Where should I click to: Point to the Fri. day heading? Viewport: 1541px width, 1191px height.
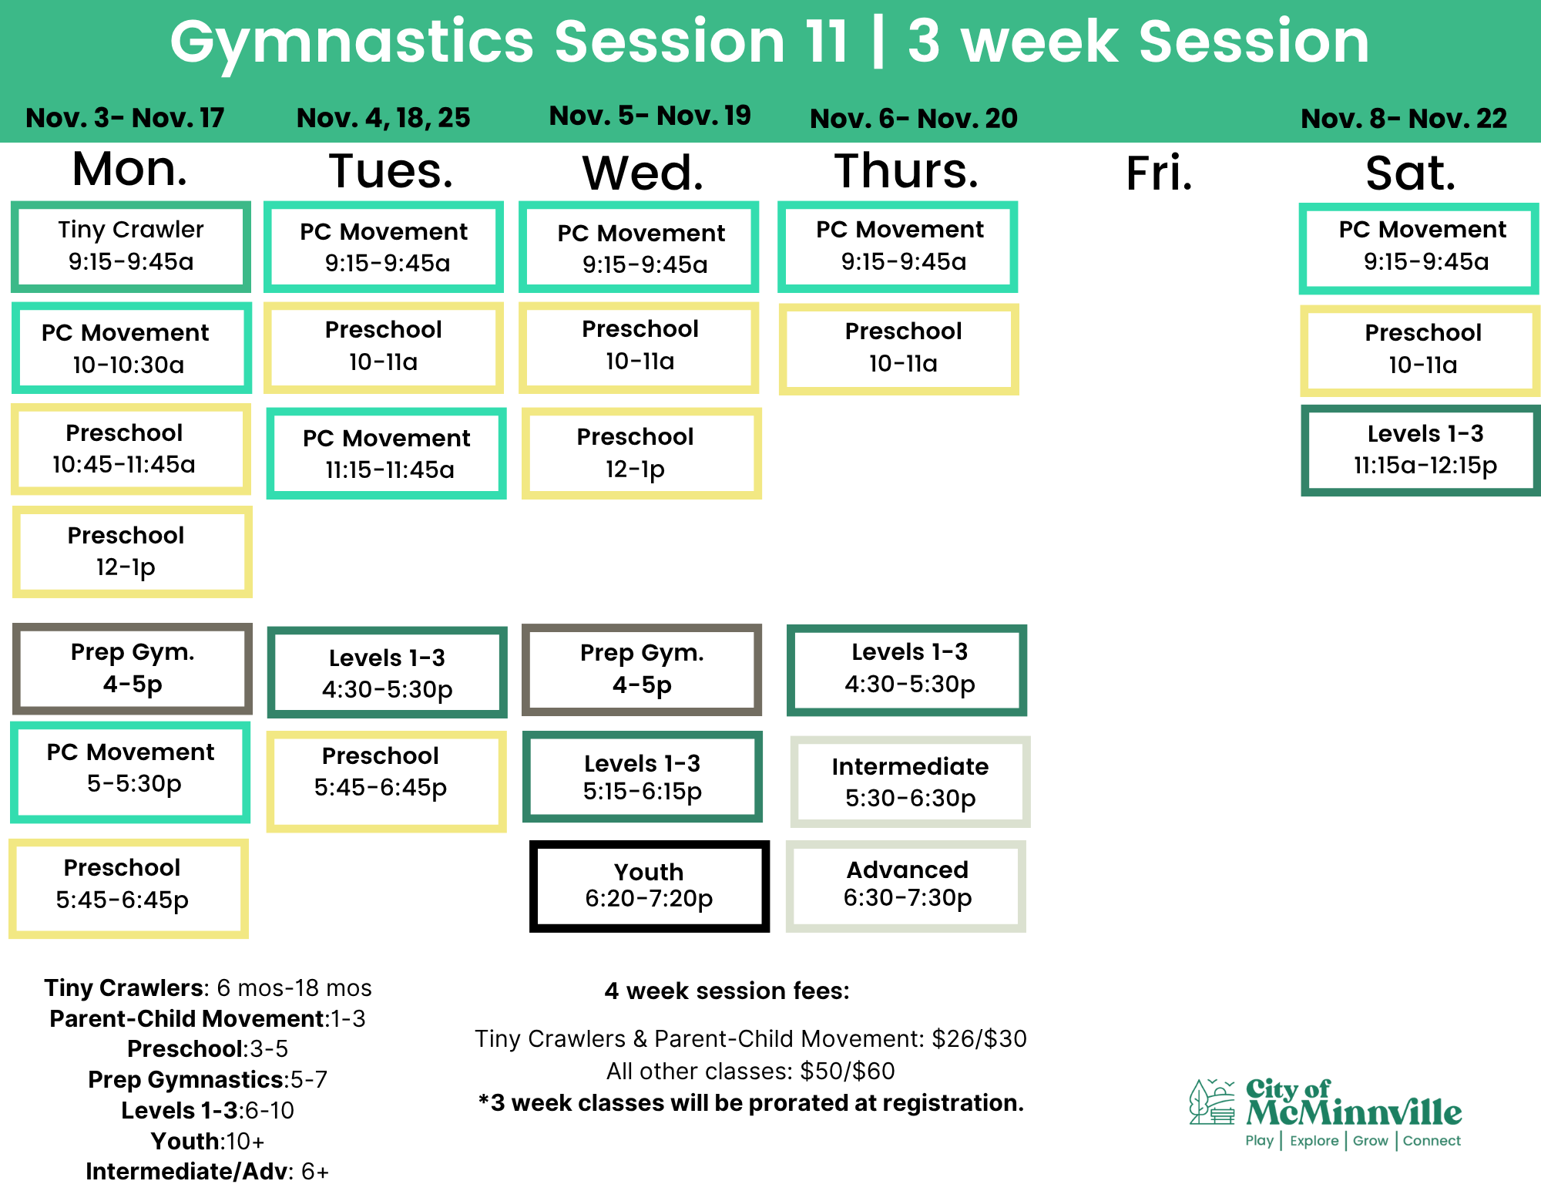coord(1159,173)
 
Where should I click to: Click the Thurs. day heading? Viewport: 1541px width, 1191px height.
coord(907,170)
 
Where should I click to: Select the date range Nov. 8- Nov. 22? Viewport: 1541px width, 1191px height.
coord(1404,118)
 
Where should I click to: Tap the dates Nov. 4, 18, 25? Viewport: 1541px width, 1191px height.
coord(384,117)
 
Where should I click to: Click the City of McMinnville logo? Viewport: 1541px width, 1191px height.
coord(1325,1113)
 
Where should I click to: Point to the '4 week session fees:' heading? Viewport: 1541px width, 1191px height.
coord(727,991)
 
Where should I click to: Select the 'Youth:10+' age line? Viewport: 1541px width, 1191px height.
coord(207,1141)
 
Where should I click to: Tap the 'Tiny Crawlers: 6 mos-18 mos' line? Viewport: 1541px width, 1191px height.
coord(208,987)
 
